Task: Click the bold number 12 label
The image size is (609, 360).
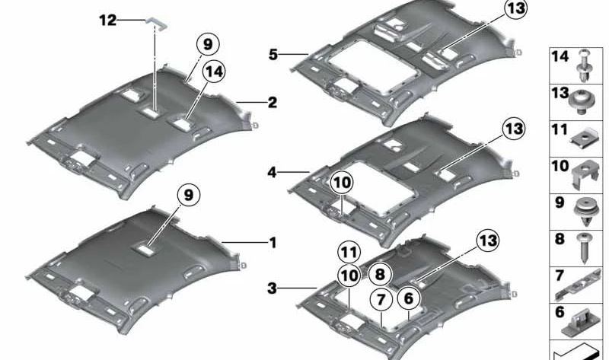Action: point(107,21)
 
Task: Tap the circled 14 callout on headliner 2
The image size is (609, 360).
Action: point(214,72)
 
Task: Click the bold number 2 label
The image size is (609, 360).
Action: point(273,103)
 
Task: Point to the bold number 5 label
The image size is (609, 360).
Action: point(273,55)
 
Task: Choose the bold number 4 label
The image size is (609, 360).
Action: point(273,172)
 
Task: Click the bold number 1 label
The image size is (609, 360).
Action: point(273,243)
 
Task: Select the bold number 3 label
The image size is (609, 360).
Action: point(273,288)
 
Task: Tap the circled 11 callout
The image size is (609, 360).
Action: point(349,253)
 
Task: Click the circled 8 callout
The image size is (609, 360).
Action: point(379,274)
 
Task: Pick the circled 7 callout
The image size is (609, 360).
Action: point(381,300)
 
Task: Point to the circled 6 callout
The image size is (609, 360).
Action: point(409,298)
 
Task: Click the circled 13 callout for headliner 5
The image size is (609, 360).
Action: point(516,8)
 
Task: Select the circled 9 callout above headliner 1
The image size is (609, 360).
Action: point(189,195)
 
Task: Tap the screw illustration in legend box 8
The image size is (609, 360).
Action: point(584,248)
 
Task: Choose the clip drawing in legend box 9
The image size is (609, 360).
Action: point(585,212)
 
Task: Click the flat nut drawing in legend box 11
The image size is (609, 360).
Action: point(584,137)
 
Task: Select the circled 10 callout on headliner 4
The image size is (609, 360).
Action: point(342,183)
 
